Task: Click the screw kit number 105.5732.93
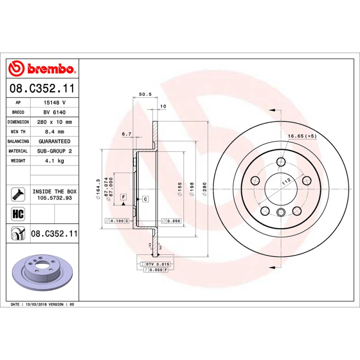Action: coord(54,198)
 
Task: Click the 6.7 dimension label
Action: coord(126,134)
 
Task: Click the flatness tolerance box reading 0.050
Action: coord(171,221)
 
